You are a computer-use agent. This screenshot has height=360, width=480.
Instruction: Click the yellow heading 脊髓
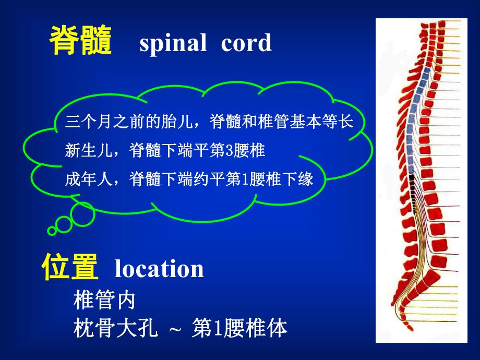[x=80, y=42]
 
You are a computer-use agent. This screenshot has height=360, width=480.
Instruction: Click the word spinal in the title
[x=173, y=43]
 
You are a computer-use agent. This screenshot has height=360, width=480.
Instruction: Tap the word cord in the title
[x=246, y=43]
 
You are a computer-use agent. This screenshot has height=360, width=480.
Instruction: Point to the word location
[x=159, y=269]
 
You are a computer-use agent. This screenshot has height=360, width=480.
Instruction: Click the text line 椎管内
[x=105, y=300]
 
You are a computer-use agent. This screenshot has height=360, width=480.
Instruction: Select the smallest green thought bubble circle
[x=52, y=230]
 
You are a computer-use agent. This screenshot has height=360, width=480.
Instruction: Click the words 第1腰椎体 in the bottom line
[x=240, y=329]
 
